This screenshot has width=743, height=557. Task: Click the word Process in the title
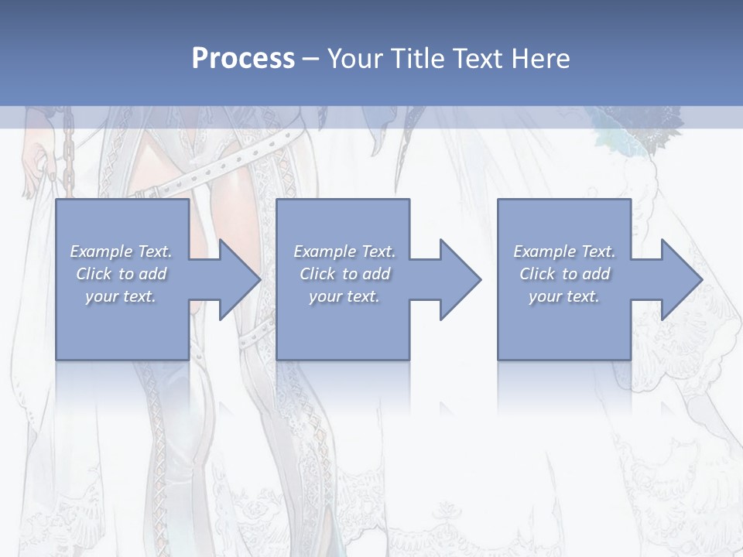tap(243, 59)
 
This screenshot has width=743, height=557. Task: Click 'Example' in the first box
tap(101, 251)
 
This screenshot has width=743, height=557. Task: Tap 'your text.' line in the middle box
tap(344, 296)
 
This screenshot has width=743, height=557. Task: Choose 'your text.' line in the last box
tap(563, 296)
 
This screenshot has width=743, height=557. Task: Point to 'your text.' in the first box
tap(120, 296)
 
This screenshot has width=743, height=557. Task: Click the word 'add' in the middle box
tap(375, 274)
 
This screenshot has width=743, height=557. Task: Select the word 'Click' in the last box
tap(538, 274)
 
